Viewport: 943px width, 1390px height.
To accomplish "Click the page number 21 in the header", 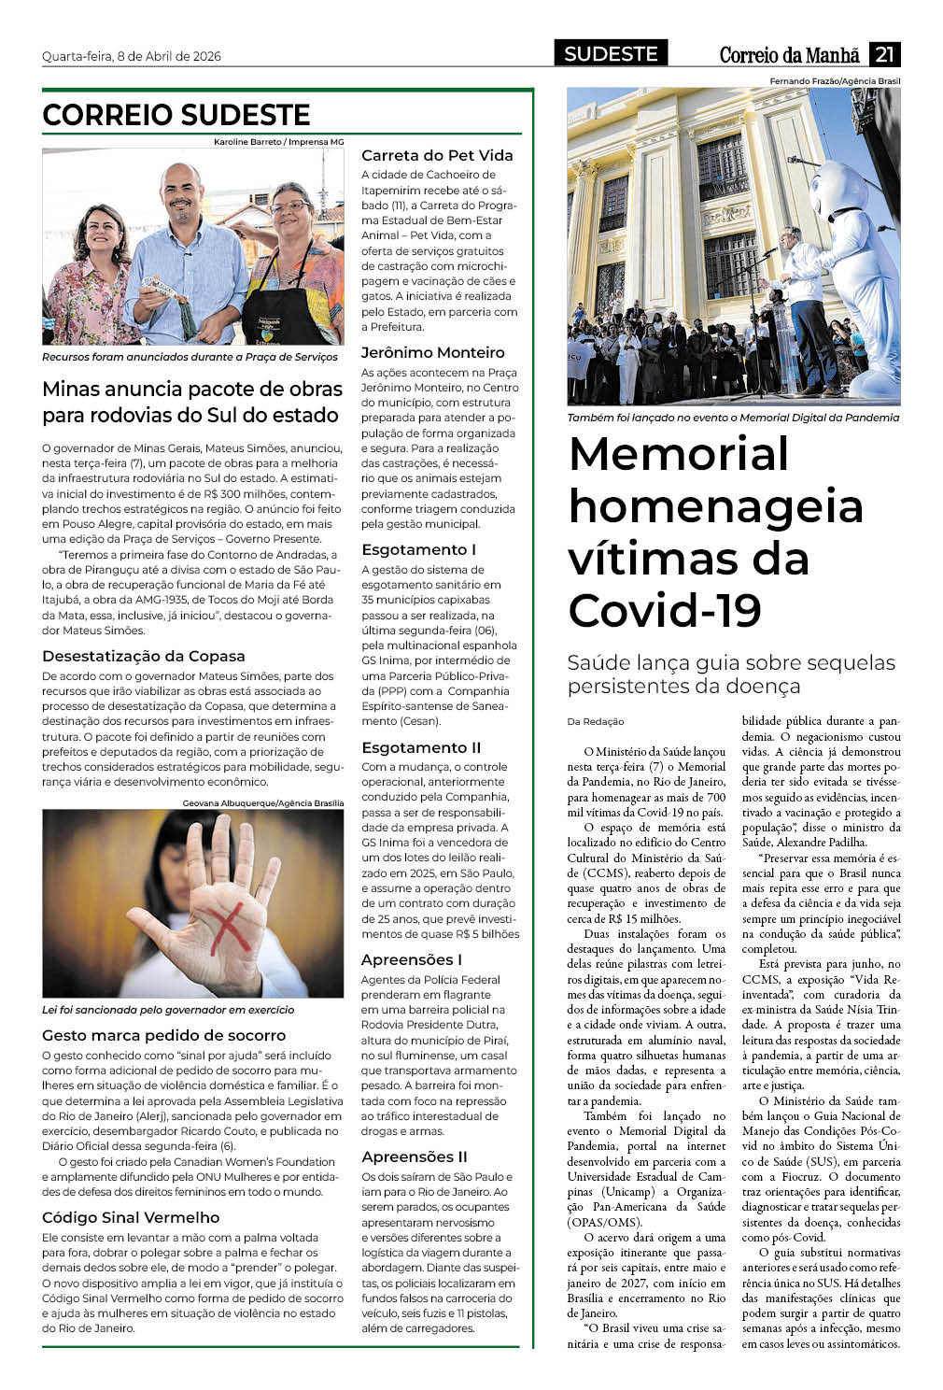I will tap(884, 54).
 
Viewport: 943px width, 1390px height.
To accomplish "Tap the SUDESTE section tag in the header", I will tap(611, 54).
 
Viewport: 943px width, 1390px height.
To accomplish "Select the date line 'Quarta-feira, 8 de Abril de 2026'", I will tap(132, 56).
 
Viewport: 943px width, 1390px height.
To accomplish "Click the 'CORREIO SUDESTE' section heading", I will tap(176, 115).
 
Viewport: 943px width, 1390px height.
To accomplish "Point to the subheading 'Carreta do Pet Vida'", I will tap(437, 155).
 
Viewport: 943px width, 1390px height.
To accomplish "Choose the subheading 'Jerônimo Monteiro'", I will tap(433, 352).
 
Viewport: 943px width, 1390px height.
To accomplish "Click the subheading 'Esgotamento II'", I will tap(421, 747).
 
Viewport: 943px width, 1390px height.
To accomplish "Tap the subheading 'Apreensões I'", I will tap(412, 959).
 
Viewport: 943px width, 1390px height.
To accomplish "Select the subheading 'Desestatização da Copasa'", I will tap(144, 656).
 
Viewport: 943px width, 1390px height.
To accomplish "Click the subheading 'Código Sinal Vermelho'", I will tap(131, 1217).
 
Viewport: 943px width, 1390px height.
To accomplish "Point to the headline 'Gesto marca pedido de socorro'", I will tap(163, 1035).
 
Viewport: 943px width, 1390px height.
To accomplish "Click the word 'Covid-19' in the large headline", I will tap(665, 611).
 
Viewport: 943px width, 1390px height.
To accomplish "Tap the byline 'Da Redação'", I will tap(596, 721).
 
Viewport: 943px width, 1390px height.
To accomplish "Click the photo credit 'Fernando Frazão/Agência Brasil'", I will tap(835, 81).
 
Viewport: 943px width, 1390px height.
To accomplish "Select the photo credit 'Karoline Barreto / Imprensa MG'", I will tap(278, 142).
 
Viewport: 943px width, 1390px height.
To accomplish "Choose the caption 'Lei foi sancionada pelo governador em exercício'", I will tap(168, 1010).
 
